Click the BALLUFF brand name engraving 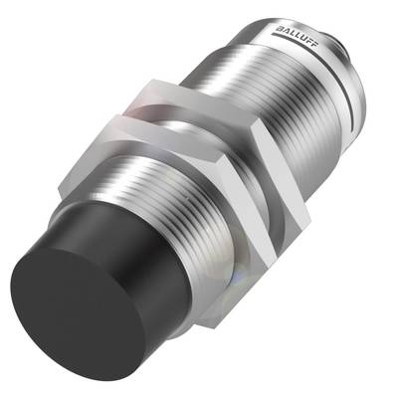[x=296, y=37]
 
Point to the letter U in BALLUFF [x=301, y=38]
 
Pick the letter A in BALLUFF [x=284, y=30]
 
